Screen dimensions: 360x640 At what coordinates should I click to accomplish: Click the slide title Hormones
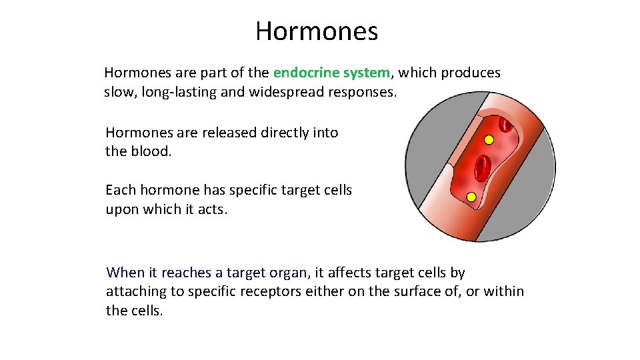click(316, 31)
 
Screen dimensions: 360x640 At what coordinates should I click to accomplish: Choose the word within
click(503, 291)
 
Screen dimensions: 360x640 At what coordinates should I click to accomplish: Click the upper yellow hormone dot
click(489, 140)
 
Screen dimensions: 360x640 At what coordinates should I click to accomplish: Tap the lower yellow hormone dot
click(471, 197)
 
